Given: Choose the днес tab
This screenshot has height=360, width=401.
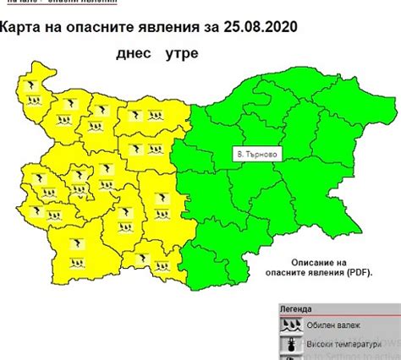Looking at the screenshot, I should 135,54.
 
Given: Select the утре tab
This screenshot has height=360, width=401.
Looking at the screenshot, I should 180,54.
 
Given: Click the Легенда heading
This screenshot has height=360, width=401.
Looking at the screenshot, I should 296,309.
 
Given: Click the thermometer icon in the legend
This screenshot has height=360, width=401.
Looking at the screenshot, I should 292,345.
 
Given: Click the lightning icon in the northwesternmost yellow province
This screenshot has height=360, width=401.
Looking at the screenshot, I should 32,87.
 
